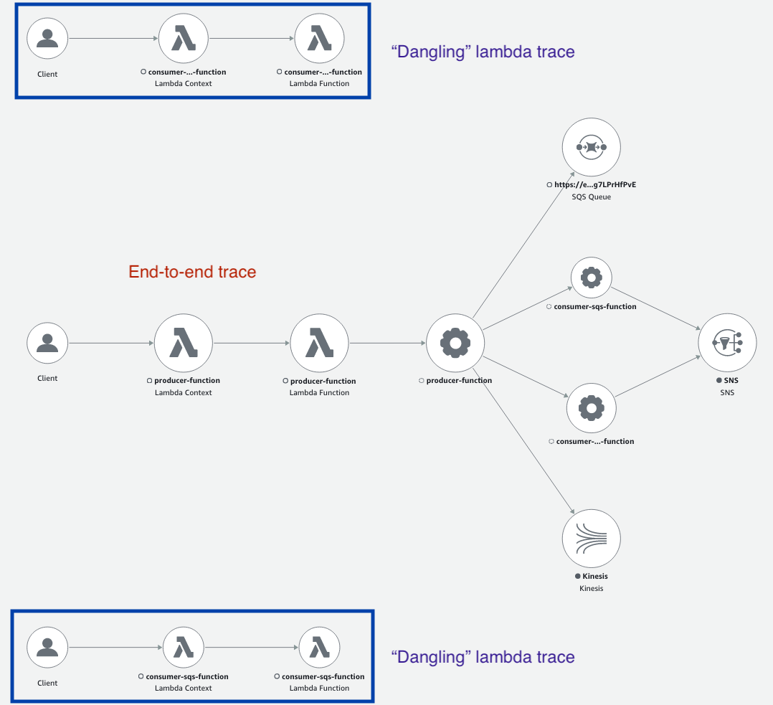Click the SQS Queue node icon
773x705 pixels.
591,146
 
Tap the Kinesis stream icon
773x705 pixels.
591,539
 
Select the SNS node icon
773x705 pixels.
727,344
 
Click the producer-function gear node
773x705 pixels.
455,344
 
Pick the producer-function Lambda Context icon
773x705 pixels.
184,344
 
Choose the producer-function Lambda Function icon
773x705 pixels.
319,344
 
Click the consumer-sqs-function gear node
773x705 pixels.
591,277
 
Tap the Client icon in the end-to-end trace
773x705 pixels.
47,343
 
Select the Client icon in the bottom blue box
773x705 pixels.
47,648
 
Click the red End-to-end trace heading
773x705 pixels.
192,272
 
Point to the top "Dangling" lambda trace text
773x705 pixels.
483,52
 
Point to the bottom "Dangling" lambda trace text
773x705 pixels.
483,657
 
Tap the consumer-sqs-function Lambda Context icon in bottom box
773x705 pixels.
184,648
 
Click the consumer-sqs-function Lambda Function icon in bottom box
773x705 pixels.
319,648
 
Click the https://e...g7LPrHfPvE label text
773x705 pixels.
594,185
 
